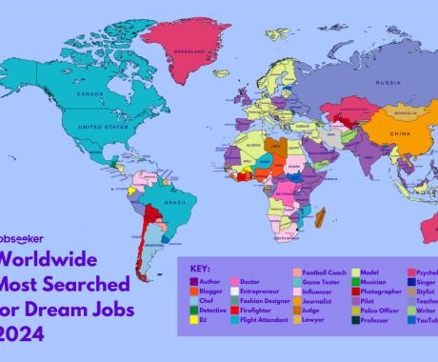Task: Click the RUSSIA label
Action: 360,82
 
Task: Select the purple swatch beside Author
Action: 194,281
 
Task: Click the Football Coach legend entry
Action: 327,271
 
